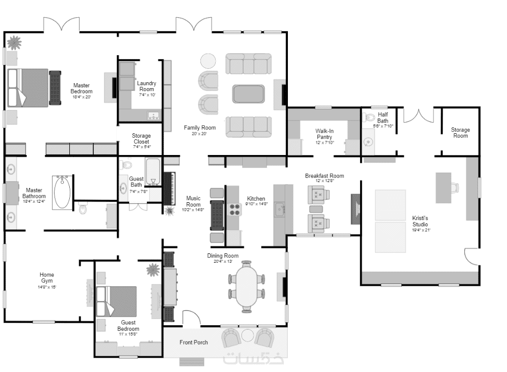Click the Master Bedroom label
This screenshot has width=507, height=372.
pos(82,89)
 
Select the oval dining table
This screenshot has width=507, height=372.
pos(247,287)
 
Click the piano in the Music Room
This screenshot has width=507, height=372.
pos(169,188)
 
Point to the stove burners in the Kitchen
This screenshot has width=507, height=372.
pos(235,209)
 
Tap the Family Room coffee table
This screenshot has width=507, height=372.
pos(248,94)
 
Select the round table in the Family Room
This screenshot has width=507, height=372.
pos(208,61)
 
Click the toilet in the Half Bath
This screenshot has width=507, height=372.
pos(368,117)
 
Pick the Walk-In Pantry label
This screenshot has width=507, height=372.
pos(324,134)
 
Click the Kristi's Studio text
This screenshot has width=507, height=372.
pos(420,221)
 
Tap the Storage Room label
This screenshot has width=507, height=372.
pos(460,133)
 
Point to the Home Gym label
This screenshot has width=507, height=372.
pos(47,278)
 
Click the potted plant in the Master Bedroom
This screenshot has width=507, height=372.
pos(14,42)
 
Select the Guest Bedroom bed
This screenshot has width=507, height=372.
pos(116,301)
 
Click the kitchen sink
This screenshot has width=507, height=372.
pos(280,209)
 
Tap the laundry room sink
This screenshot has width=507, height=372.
pos(153,116)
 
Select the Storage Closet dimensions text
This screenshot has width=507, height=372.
pos(141,147)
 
